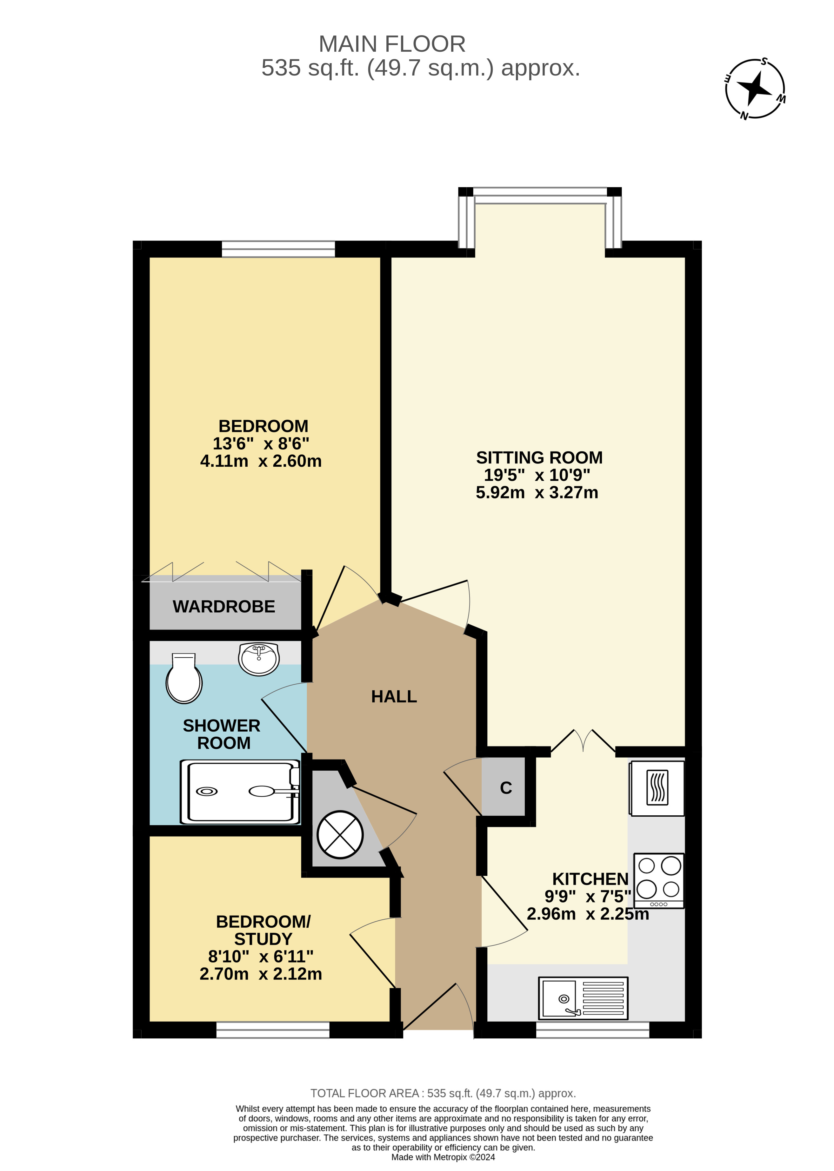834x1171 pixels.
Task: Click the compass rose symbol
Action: click(x=755, y=88)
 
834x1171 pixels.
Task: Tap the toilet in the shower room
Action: click(x=184, y=678)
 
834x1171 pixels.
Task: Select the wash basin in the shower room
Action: click(x=259, y=659)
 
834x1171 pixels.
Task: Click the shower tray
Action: click(x=240, y=792)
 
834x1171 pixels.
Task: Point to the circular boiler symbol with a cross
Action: click(x=340, y=834)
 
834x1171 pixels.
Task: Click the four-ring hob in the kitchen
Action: click(x=659, y=881)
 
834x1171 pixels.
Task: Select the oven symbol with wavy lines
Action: click(x=657, y=788)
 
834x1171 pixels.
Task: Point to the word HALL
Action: click(x=394, y=696)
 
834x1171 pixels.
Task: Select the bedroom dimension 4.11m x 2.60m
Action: click(x=261, y=461)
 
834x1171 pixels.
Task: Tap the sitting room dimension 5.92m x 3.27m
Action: click(x=537, y=492)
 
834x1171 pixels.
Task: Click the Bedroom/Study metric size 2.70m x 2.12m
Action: click(x=261, y=973)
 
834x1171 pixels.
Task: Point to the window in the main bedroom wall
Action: click(x=278, y=249)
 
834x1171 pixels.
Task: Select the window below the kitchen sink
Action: click(x=593, y=1030)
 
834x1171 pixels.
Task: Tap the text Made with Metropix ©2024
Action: click(x=443, y=1157)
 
